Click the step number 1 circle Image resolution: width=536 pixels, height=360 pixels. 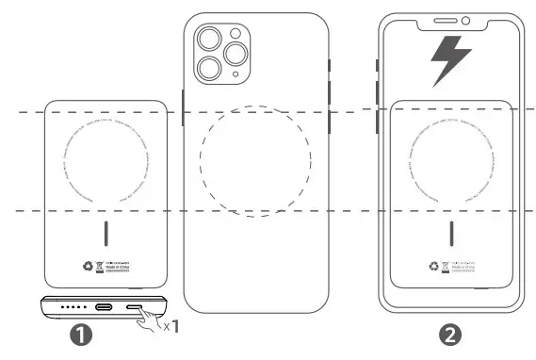click(79, 332)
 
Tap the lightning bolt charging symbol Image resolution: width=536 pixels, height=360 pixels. click(450, 63)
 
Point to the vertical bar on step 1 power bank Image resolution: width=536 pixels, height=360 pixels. click(107, 232)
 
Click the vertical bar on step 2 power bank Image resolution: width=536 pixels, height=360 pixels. click(451, 232)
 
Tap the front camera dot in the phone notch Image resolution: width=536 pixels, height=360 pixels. click(465, 21)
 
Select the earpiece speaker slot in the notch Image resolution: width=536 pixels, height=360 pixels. click(444, 21)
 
